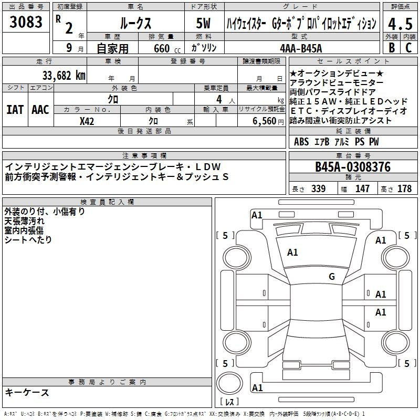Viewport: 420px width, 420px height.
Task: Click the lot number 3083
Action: [x=26, y=22]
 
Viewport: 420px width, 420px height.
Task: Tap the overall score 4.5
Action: [x=400, y=24]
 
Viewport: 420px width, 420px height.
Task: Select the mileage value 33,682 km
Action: [x=64, y=76]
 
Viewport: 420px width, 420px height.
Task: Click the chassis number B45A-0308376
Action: [x=353, y=167]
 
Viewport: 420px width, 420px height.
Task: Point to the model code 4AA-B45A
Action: [x=301, y=48]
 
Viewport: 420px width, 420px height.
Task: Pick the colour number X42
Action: [x=87, y=121]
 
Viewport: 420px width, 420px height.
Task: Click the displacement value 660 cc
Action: [x=167, y=49]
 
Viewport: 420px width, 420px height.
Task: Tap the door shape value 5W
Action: [x=203, y=23]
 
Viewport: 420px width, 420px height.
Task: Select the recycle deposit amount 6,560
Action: [x=265, y=121]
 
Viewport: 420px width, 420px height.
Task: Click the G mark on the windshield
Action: [x=332, y=276]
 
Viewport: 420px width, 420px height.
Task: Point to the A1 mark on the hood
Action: [x=292, y=252]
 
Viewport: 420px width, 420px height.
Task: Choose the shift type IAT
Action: [x=15, y=110]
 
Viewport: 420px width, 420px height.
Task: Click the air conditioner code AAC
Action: [x=40, y=110]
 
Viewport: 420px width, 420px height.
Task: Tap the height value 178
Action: [x=404, y=188]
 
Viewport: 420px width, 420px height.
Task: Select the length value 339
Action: [x=319, y=188]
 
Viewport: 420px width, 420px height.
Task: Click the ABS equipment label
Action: [x=301, y=141]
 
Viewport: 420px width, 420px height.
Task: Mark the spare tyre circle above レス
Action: [x=229, y=383]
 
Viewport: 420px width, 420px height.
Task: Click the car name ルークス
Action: [x=135, y=23]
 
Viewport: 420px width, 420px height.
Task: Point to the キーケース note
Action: [x=27, y=392]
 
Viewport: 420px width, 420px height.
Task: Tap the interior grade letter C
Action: [x=408, y=47]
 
